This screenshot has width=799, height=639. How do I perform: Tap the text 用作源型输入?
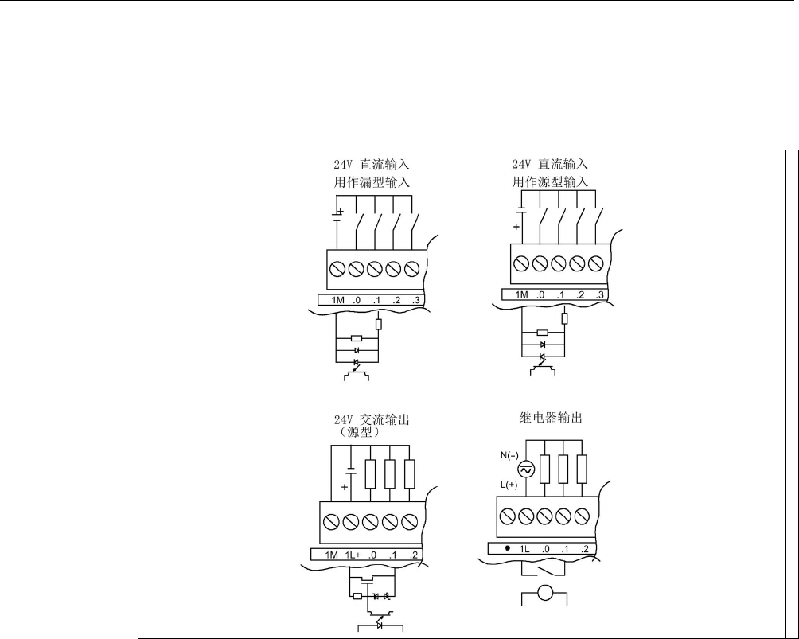point(550,182)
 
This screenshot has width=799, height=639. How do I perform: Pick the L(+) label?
point(503,484)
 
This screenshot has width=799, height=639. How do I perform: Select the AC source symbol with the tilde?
point(524,470)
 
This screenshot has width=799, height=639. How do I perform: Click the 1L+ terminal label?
point(353,555)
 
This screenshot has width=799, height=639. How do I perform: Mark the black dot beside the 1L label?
point(507,549)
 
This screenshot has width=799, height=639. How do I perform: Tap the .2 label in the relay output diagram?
point(585,549)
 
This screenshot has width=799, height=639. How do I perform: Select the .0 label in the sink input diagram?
point(357,300)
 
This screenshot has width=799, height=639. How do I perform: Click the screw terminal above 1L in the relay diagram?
point(526,516)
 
